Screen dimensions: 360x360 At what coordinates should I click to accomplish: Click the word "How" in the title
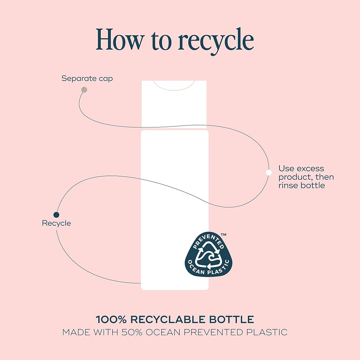(119, 39)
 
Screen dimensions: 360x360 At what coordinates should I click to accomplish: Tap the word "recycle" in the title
(216, 41)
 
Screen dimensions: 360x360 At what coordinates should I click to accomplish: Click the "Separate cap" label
(87, 78)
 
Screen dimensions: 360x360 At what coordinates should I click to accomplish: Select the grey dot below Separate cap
(84, 90)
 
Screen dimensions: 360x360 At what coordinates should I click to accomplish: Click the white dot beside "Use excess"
(269, 172)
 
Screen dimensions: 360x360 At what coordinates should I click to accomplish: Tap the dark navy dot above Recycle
(56, 215)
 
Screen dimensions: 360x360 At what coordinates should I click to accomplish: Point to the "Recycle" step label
(57, 223)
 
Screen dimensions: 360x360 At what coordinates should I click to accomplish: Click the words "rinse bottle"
(302, 185)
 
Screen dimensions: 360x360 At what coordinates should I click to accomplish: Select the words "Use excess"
(301, 168)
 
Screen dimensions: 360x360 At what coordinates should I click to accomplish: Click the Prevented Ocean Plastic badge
(208, 255)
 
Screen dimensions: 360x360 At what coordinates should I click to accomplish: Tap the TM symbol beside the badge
(224, 235)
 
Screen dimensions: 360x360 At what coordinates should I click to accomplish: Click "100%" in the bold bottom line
(111, 319)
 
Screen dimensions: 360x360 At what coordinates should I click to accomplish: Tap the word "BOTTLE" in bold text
(237, 319)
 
